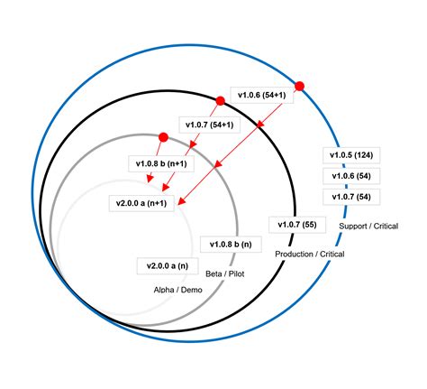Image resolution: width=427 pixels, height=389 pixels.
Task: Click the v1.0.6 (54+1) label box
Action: click(262, 95)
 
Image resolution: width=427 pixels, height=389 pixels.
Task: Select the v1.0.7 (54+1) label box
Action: click(210, 125)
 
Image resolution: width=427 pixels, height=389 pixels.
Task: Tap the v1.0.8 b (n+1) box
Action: click(161, 163)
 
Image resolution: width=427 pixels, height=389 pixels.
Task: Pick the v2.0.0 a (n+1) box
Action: click(141, 203)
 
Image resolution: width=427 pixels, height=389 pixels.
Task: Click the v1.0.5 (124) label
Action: click(351, 155)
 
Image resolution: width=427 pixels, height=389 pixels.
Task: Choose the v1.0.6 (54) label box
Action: click(351, 176)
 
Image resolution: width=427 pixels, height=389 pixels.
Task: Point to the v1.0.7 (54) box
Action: click(351, 197)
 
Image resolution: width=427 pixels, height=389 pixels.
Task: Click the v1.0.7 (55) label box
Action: click(297, 225)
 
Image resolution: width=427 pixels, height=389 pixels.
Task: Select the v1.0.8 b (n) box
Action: click(231, 245)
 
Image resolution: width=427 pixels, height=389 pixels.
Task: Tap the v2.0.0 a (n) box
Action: click(168, 266)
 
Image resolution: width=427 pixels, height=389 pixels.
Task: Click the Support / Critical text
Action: click(368, 227)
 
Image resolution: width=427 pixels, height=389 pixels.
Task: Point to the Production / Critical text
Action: click(310, 255)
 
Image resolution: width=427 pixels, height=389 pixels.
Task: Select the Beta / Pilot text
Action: click(225, 273)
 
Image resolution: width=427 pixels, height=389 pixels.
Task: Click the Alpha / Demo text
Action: click(178, 290)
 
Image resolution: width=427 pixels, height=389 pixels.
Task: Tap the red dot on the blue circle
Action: click(299, 87)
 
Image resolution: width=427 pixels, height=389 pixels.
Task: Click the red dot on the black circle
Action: click(220, 101)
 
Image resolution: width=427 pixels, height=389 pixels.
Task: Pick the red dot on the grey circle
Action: click(163, 137)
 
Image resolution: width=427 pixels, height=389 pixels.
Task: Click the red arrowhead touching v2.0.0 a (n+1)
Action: click(182, 201)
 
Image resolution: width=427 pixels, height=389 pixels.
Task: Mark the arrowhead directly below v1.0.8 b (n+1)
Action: click(150, 179)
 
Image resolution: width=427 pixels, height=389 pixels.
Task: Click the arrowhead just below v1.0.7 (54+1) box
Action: click(194, 144)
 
